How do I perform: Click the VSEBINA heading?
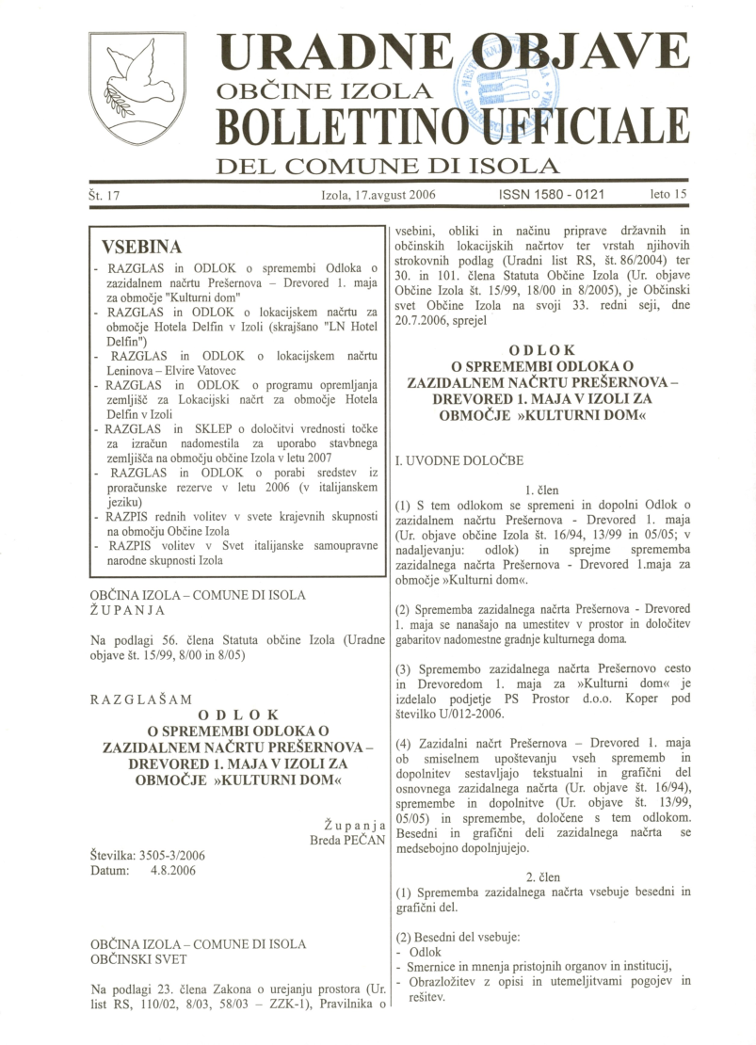click(x=147, y=249)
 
